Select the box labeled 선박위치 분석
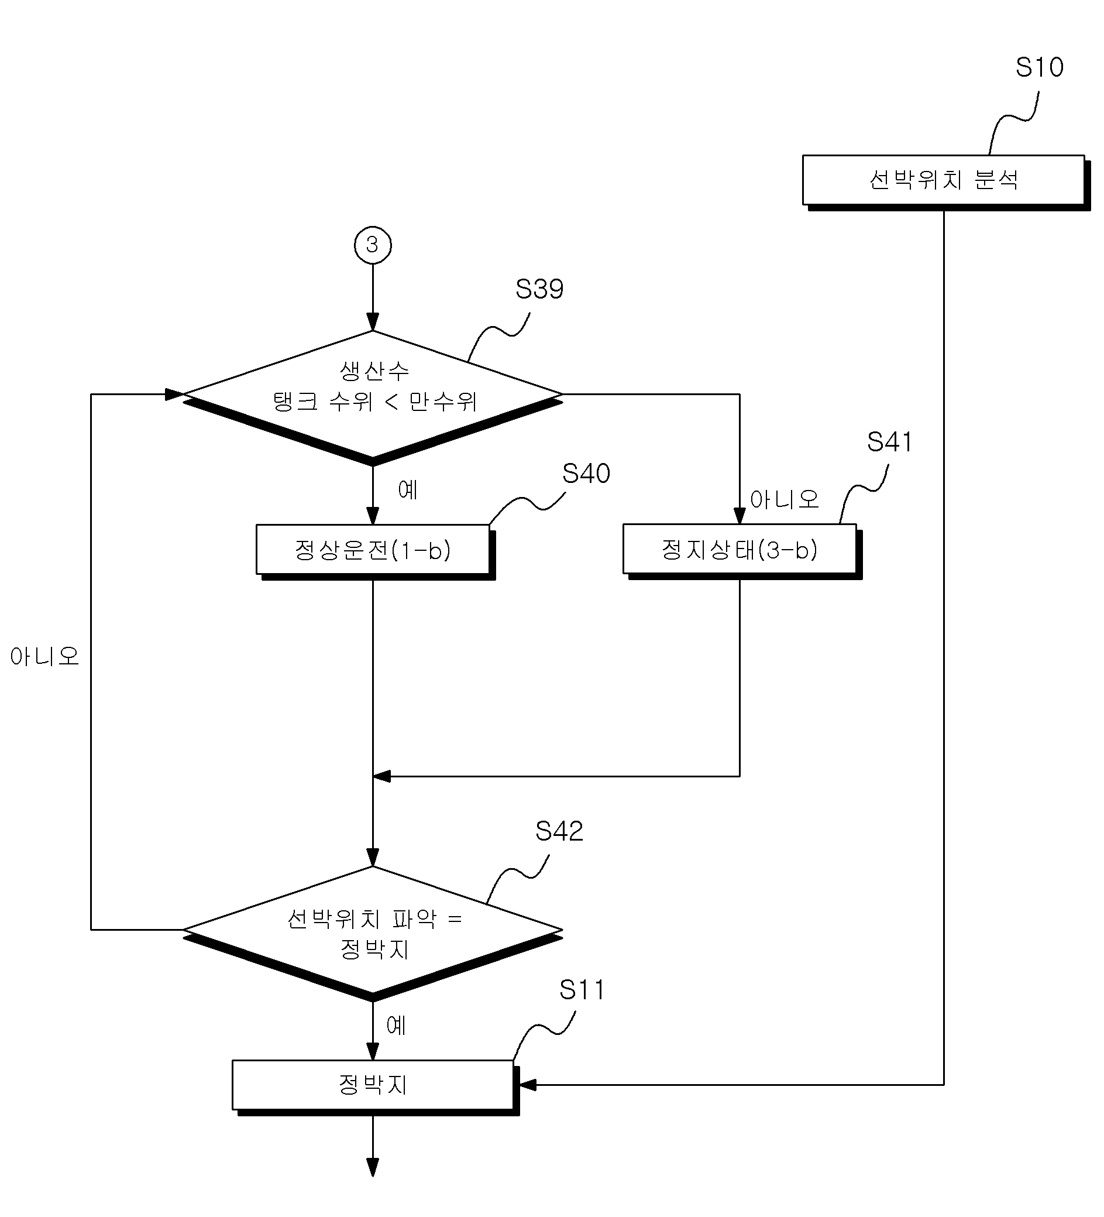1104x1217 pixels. pyautogui.click(x=946, y=182)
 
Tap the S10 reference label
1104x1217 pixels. pyautogui.click(x=1039, y=67)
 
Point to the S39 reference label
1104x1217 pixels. pyautogui.click(x=539, y=289)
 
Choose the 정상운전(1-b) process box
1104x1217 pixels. pyautogui.click(x=375, y=552)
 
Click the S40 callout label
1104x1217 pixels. pyautogui.click(x=586, y=473)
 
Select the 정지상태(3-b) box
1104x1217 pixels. pyautogui.click(x=742, y=551)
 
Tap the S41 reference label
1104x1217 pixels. pyautogui.click(x=889, y=442)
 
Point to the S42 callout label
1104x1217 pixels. pyautogui.click(x=559, y=831)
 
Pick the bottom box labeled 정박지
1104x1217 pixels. pyautogui.click(x=375, y=1088)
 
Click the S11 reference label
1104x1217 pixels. pyautogui.click(x=582, y=990)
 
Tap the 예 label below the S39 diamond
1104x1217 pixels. pyautogui.click(x=408, y=489)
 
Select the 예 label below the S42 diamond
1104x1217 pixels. pyautogui.click(x=396, y=1025)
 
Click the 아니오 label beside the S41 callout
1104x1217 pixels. pyautogui.click(x=784, y=499)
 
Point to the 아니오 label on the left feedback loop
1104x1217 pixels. pyautogui.click(x=44, y=656)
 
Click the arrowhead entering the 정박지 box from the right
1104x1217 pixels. pyautogui.click(x=527, y=1085)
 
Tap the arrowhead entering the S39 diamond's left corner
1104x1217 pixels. pyautogui.click(x=174, y=394)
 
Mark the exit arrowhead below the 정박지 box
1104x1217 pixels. pyautogui.click(x=373, y=1167)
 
